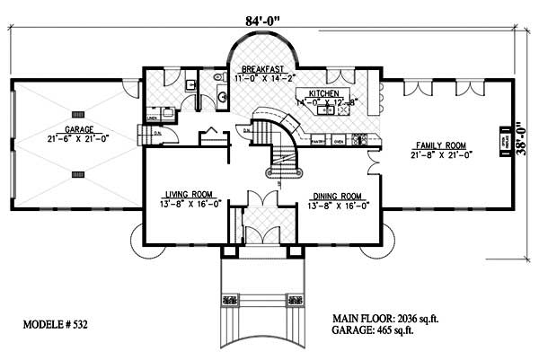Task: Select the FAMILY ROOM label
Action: coord(441,145)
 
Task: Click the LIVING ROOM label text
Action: coord(188,194)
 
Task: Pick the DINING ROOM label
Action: coord(337,195)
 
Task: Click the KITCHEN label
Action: coord(323,92)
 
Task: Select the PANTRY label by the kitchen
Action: coord(317,141)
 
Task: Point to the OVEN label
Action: coord(340,141)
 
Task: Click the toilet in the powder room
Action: coord(220,93)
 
